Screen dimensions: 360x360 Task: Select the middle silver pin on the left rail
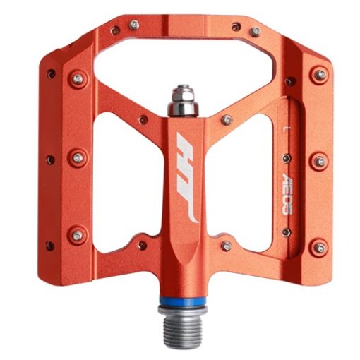(78, 156)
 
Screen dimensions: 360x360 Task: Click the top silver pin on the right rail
(320, 74)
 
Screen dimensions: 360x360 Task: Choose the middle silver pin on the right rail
(320, 162)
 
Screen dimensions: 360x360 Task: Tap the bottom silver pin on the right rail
(320, 247)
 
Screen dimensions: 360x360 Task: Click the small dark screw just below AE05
(285, 230)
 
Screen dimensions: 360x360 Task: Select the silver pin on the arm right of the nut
(225, 120)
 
